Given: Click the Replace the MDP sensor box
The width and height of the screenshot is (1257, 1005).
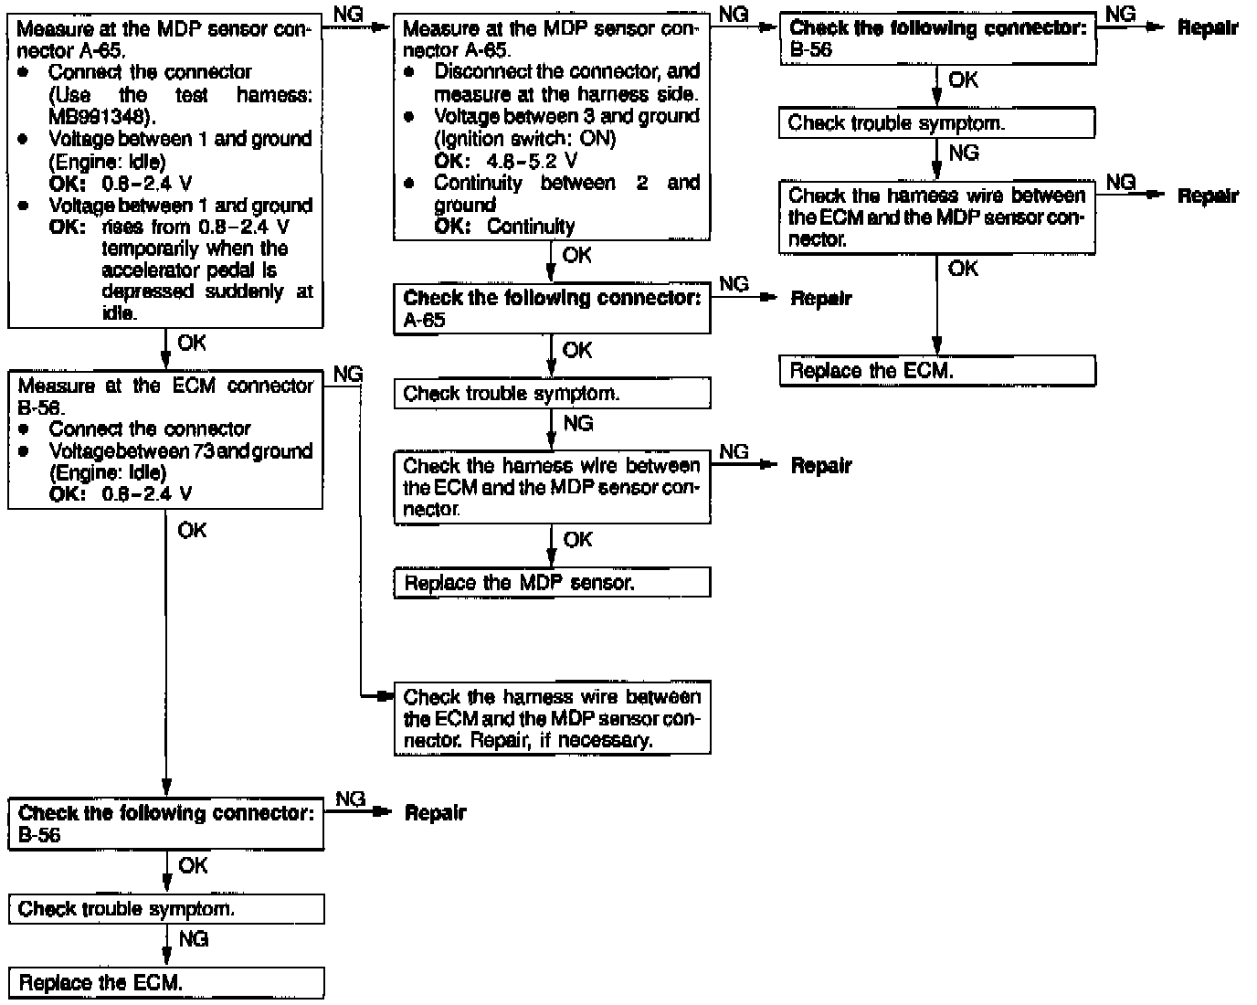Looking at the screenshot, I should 552,583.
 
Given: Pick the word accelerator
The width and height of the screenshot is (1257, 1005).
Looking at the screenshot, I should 148,270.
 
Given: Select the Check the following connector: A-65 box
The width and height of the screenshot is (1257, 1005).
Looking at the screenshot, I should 552,309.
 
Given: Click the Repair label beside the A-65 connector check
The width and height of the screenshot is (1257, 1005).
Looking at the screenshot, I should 820,299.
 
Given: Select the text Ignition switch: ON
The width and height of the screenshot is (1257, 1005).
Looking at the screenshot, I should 525,139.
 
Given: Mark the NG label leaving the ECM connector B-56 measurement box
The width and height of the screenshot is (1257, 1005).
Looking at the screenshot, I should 347,375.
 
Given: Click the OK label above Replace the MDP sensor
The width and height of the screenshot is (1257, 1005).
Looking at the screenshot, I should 577,540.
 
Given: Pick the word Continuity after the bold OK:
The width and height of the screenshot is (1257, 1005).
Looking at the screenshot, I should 531,227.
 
